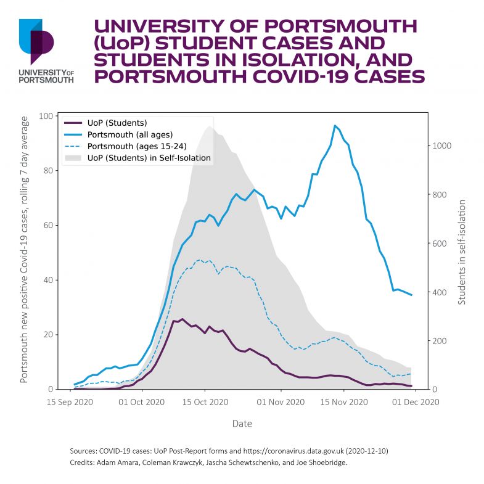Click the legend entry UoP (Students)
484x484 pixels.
(117, 122)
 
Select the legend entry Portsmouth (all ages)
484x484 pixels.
(129, 134)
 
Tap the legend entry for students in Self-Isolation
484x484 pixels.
(149, 158)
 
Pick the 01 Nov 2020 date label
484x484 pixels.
(281, 403)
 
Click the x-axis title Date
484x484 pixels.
(242, 424)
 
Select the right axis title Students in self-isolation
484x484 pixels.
(462, 252)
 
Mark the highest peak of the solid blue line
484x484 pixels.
(335, 126)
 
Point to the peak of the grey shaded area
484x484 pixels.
(209, 126)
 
